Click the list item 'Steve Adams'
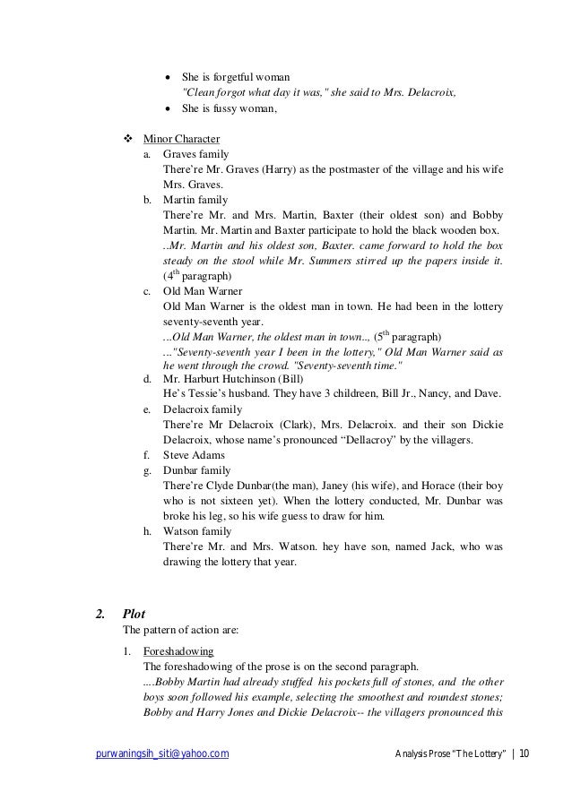click(x=194, y=454)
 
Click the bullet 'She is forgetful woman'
click(x=242, y=77)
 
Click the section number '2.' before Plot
click(x=102, y=614)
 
